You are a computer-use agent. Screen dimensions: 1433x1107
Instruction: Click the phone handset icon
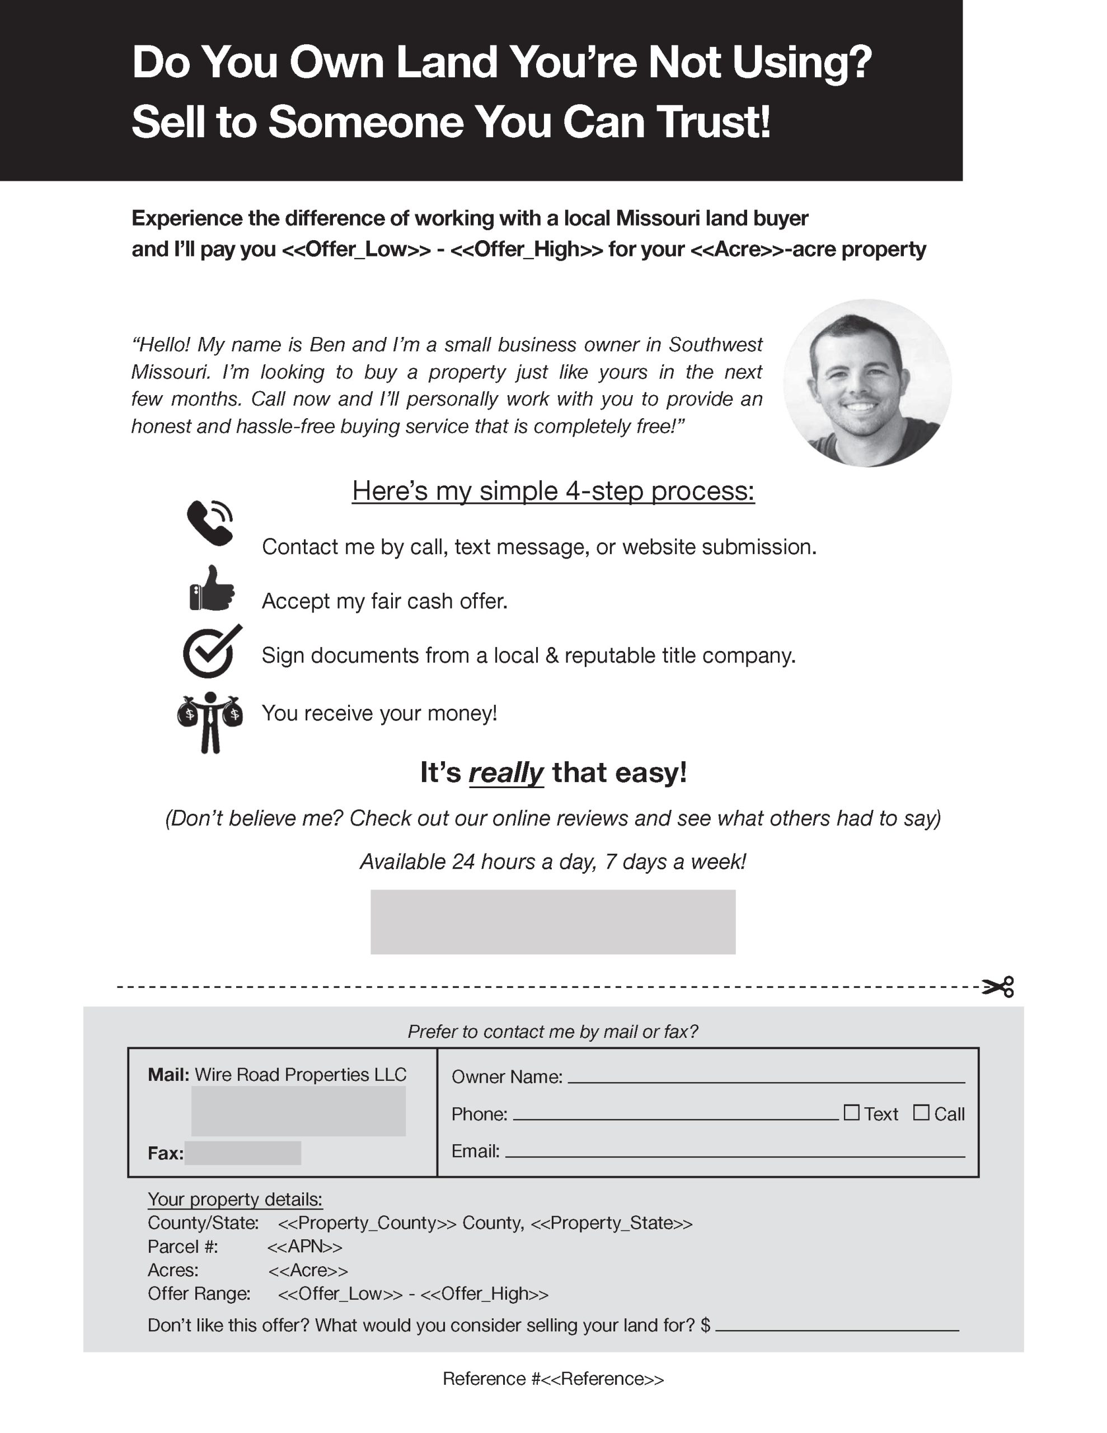tap(209, 523)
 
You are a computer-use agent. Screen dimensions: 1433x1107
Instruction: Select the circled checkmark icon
tap(210, 652)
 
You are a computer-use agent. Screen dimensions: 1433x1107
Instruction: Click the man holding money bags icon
tap(210, 722)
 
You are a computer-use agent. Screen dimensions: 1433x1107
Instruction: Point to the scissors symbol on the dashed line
tap(998, 986)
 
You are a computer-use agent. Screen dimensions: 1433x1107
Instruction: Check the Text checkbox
tap(851, 1112)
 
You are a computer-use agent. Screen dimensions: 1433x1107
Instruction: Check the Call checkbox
tap(921, 1112)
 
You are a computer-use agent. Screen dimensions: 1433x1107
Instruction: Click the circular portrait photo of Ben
tap(867, 383)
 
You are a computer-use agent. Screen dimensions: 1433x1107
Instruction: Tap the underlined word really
tap(505, 772)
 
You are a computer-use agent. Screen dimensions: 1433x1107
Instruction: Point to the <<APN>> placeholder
tap(304, 1246)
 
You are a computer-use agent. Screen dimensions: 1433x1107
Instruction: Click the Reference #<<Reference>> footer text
tap(553, 1379)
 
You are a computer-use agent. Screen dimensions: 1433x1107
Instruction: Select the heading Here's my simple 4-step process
tap(553, 491)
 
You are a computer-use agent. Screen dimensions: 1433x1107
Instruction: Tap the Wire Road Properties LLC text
tap(301, 1074)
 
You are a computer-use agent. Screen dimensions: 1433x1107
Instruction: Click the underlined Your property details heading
tap(235, 1199)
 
